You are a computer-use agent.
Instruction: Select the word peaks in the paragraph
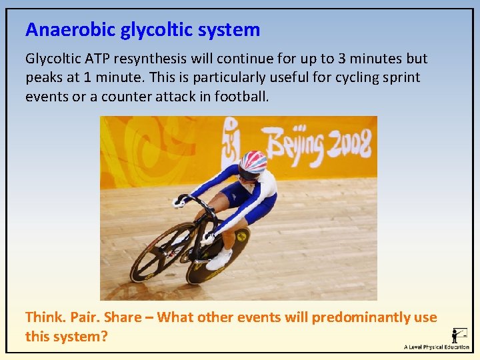43,77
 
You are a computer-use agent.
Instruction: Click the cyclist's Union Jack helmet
253,161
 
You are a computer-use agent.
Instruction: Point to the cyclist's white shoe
218,259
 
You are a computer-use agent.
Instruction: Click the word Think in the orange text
43,317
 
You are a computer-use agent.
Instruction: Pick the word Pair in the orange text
83,317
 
